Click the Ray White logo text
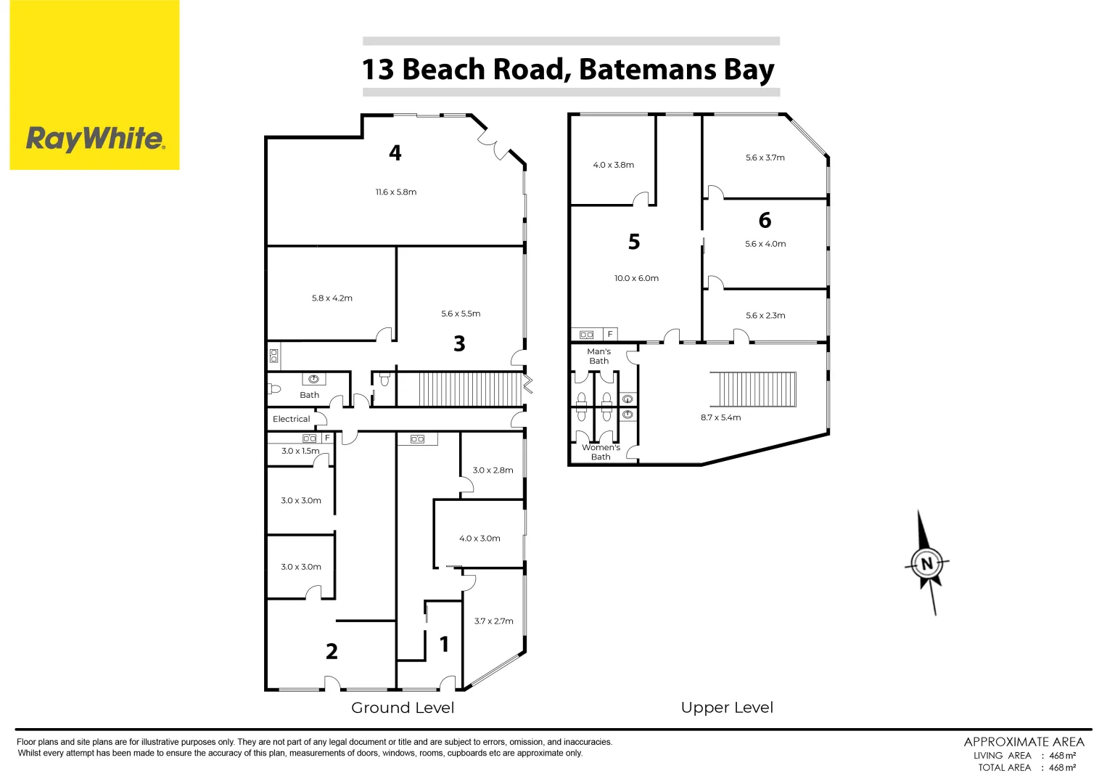95,138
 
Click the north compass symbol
926,563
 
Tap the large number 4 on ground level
395,152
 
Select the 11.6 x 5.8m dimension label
396,192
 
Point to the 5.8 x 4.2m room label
332,298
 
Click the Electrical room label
291,419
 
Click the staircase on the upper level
752,390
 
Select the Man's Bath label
599,356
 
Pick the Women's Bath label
601,452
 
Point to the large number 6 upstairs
765,220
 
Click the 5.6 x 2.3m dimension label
765,316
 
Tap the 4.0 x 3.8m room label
613,165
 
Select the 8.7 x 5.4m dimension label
720,417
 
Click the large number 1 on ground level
444,644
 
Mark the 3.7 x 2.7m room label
493,621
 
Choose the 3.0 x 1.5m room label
300,451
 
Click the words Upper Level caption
727,708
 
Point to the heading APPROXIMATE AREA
1024,742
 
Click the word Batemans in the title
647,70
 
